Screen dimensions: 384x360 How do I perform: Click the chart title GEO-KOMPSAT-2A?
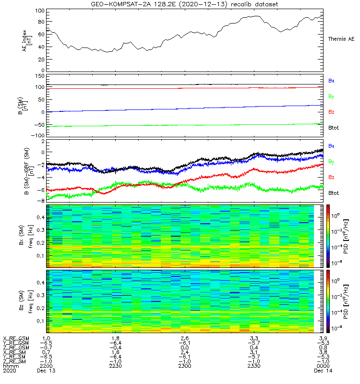[185, 4]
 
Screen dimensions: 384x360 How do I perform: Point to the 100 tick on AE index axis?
[41, 11]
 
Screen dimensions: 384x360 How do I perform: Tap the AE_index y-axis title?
[28, 41]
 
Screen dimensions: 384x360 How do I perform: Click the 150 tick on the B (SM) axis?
[40, 76]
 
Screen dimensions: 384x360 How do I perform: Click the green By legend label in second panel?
[331, 96]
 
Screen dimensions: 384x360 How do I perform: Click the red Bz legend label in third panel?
[331, 178]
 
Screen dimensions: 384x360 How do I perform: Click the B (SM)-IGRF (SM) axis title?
[28, 171]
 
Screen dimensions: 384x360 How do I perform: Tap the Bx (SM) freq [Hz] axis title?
[28, 236]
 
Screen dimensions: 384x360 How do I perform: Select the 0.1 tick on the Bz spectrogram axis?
[41, 321]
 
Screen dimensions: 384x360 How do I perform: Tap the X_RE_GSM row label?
[16, 338]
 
